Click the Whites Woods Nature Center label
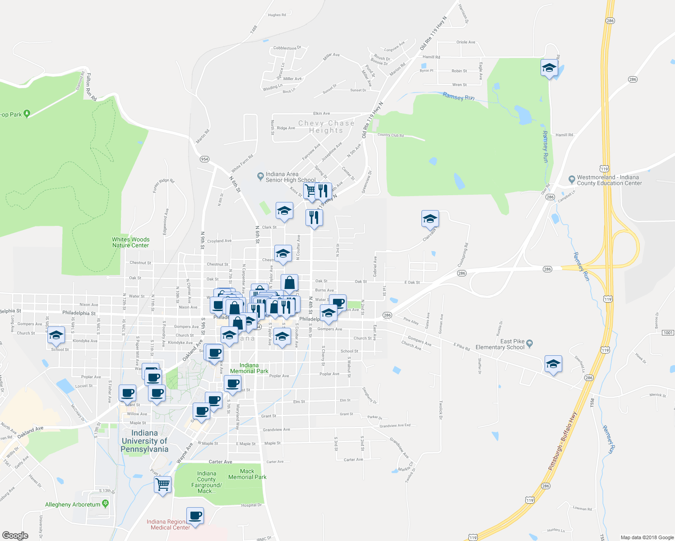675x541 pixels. (x=131, y=243)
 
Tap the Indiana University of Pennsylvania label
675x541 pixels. (x=144, y=441)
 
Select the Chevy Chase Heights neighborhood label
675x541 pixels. (x=326, y=127)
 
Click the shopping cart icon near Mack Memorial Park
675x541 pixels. (x=162, y=485)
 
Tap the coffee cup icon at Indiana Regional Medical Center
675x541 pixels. (x=195, y=516)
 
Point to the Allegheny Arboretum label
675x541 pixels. (x=73, y=504)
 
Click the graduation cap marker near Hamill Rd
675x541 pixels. (x=549, y=68)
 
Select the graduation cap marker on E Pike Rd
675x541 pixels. (x=553, y=364)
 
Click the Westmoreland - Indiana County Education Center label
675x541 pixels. (x=609, y=180)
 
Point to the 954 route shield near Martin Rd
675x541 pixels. (x=204, y=159)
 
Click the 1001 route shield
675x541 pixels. (x=668, y=333)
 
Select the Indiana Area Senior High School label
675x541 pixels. (x=290, y=177)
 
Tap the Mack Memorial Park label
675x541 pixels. (x=247, y=474)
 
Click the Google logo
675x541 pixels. (x=15, y=536)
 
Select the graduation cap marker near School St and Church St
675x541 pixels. (x=56, y=335)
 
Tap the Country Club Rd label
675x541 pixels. (x=390, y=135)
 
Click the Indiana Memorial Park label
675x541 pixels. (x=249, y=368)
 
